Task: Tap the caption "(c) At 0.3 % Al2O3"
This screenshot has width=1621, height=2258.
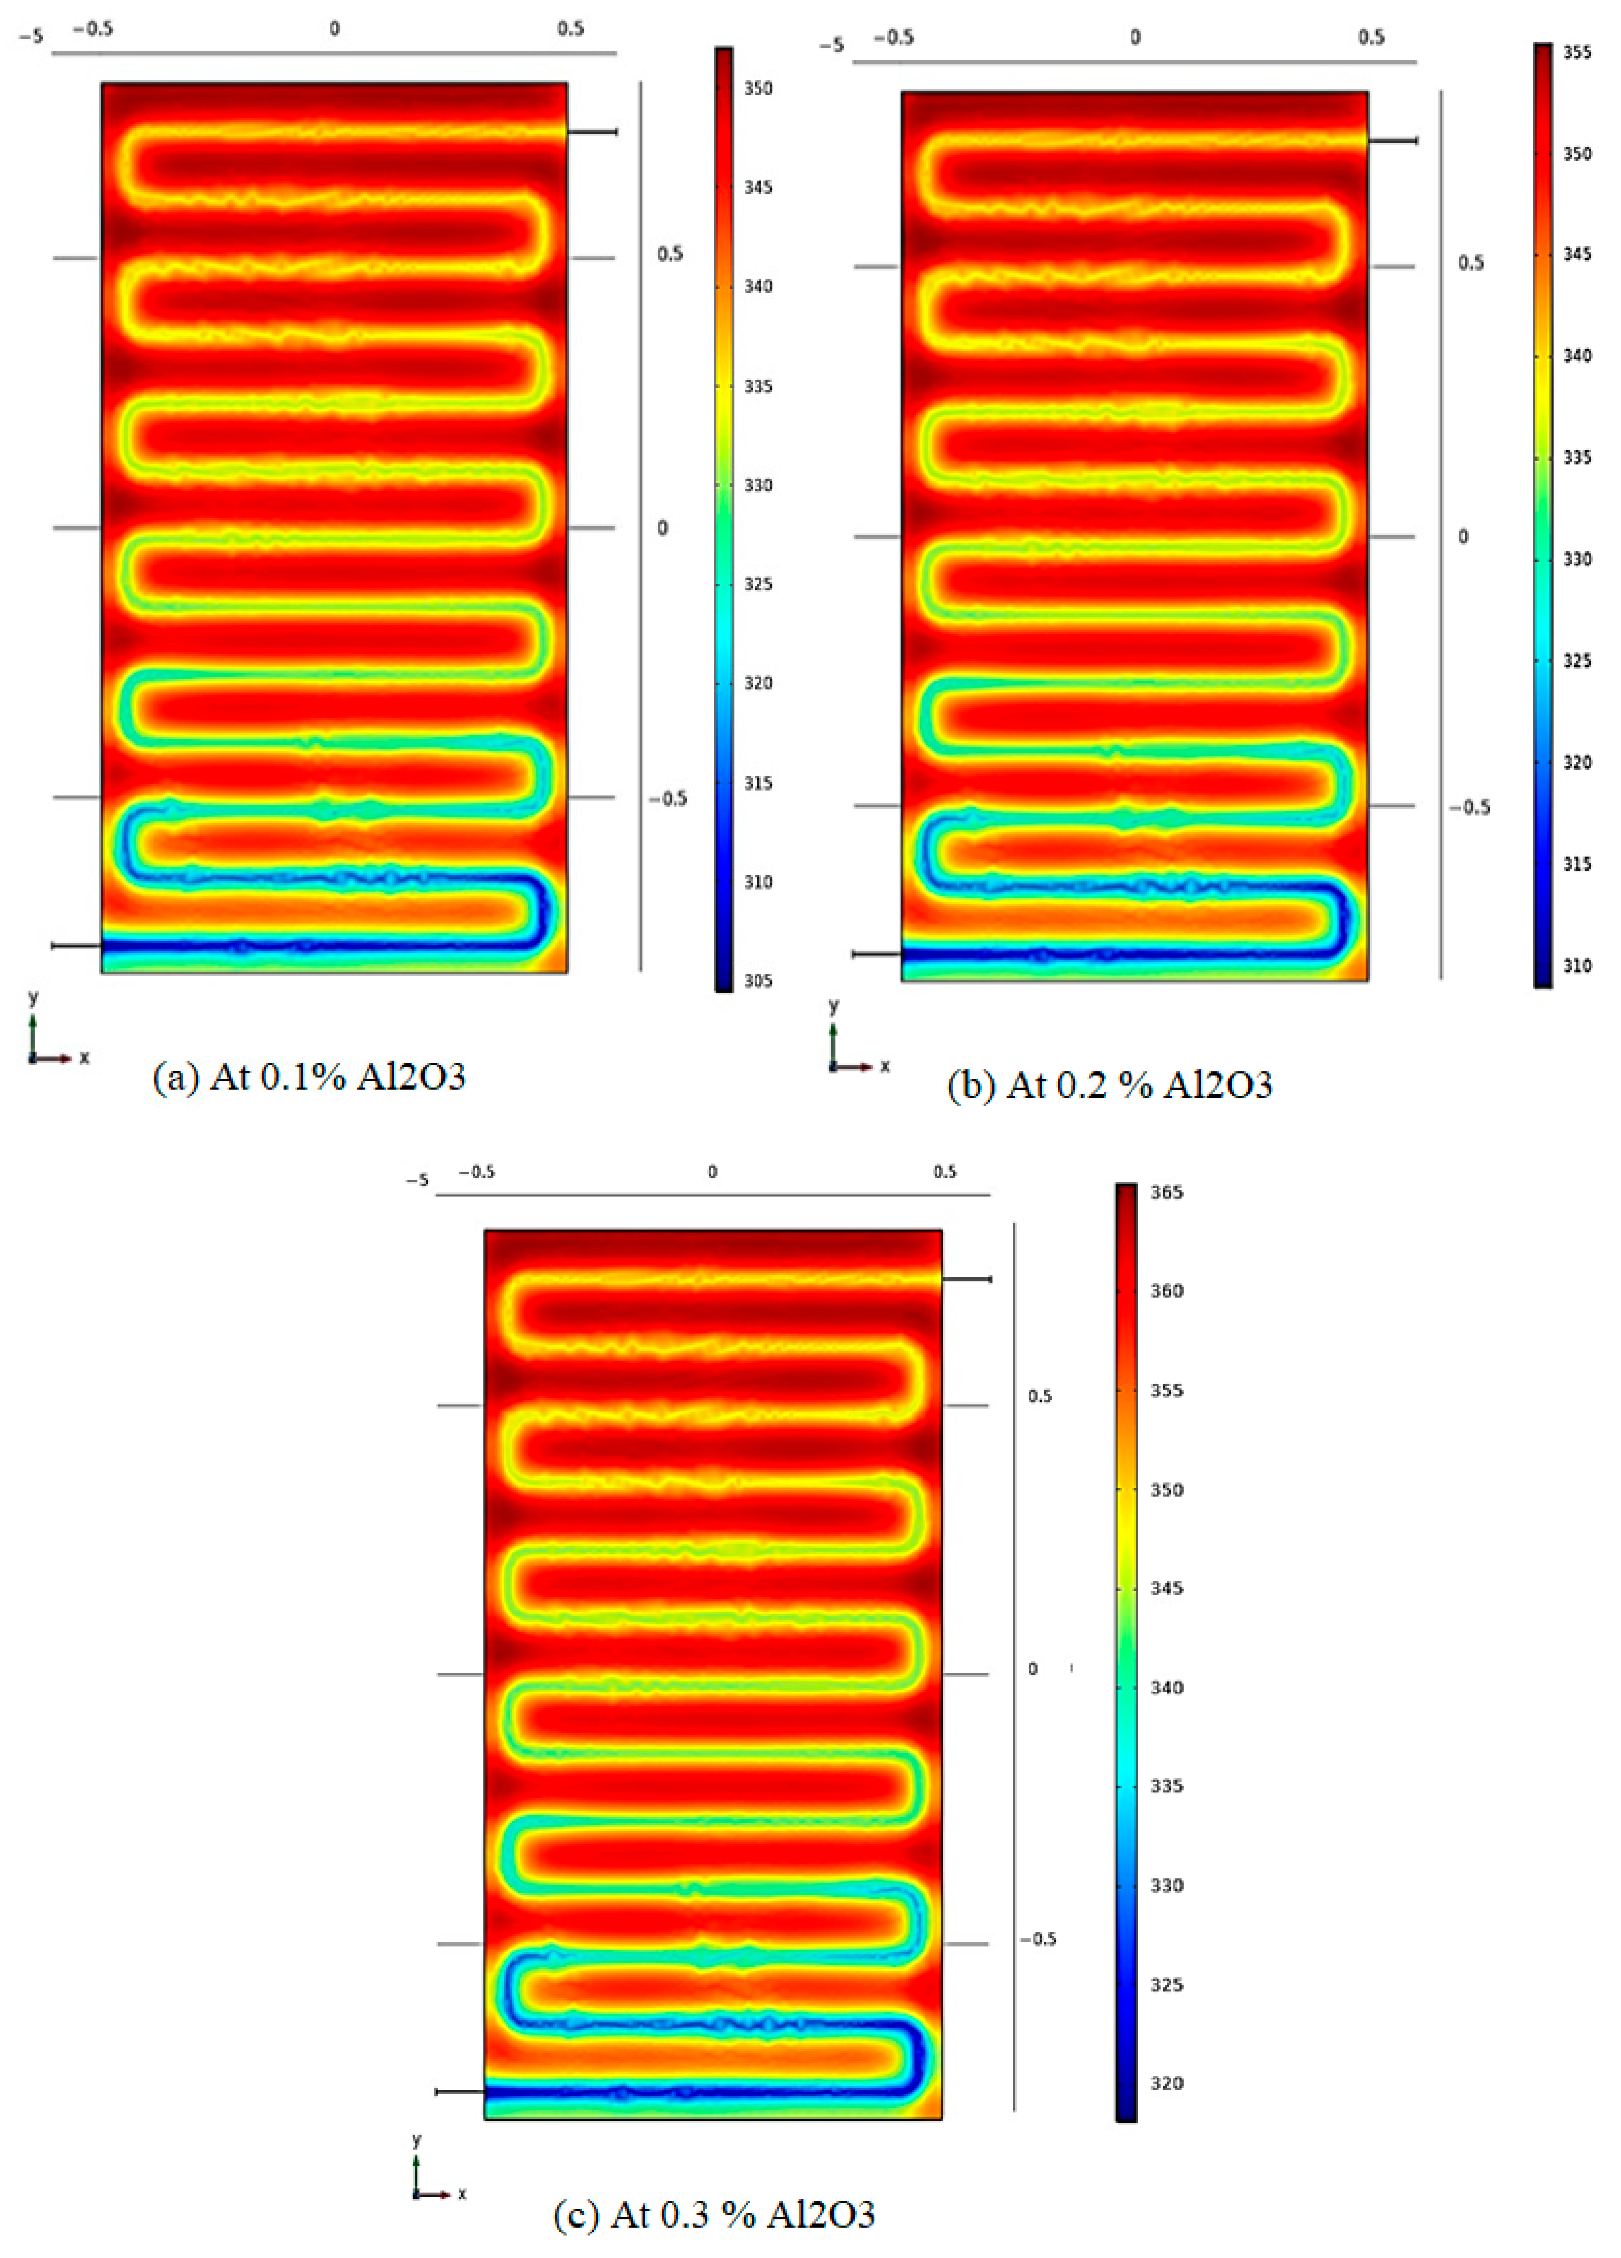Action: pos(714,2214)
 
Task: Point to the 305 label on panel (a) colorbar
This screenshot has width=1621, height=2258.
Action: pos(758,981)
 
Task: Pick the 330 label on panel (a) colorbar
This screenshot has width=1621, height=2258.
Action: pos(758,485)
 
